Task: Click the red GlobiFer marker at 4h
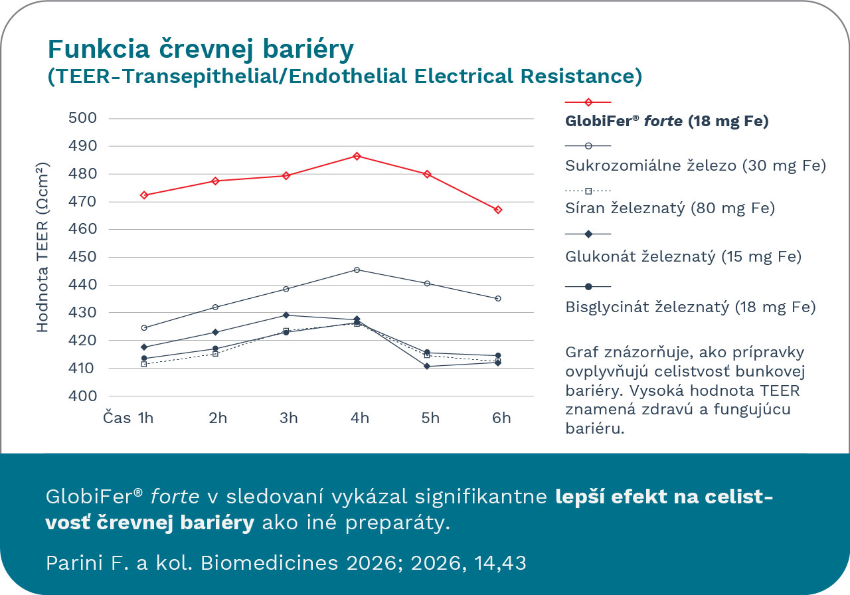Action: click(x=357, y=156)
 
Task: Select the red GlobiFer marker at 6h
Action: click(x=498, y=210)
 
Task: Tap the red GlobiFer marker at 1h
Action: click(x=144, y=195)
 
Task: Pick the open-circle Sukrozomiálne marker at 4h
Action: click(x=357, y=270)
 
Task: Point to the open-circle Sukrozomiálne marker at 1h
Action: click(x=144, y=327)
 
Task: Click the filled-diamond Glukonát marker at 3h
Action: click(x=286, y=315)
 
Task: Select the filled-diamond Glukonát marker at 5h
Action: click(x=428, y=367)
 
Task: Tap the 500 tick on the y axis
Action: click(x=83, y=118)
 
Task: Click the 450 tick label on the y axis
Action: click(x=83, y=257)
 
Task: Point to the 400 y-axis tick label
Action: click(x=83, y=396)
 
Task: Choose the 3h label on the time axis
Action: click(x=289, y=418)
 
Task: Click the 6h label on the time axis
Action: click(x=501, y=418)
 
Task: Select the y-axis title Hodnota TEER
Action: click(x=42, y=247)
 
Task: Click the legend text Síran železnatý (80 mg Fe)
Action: click(x=670, y=208)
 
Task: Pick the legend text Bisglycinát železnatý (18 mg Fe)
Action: click(x=690, y=307)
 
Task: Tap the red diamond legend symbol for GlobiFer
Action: click(x=588, y=102)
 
